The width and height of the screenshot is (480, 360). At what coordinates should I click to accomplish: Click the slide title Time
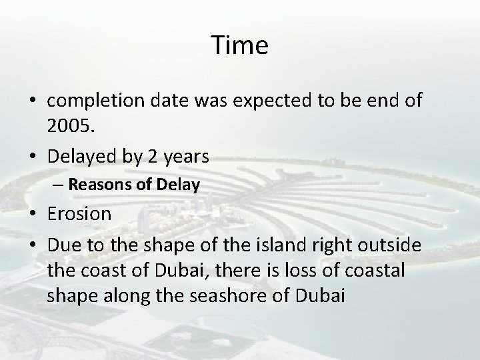[x=240, y=45]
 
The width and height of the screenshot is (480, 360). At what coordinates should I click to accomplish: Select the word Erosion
[x=80, y=215]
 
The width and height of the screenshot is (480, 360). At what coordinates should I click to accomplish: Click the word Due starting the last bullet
[x=63, y=247]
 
